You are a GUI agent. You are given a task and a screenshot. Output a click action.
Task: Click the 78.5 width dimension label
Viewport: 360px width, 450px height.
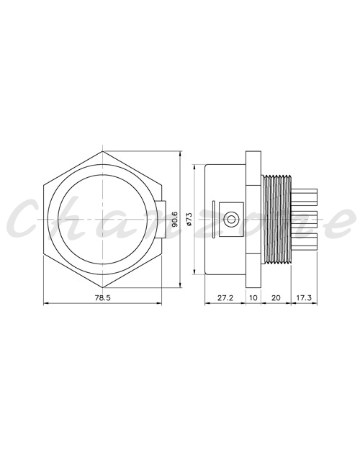coord(102,297)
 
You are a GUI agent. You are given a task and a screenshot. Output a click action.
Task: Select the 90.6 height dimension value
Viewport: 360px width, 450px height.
coord(174,220)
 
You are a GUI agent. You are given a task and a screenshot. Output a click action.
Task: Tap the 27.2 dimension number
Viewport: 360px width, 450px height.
coord(225,297)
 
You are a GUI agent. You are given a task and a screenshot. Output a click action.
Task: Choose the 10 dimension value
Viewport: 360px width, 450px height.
coord(253,297)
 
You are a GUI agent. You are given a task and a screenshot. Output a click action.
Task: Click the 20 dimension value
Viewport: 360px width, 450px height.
coord(276,297)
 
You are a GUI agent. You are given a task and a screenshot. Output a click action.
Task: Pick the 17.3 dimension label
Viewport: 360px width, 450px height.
coord(304,297)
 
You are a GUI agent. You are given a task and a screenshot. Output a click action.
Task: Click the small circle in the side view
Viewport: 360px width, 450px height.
coord(231,220)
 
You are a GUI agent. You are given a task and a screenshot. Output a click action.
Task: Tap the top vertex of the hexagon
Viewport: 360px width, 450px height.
coord(102,151)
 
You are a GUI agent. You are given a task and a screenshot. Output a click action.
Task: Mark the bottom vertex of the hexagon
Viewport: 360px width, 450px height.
coord(102,287)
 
